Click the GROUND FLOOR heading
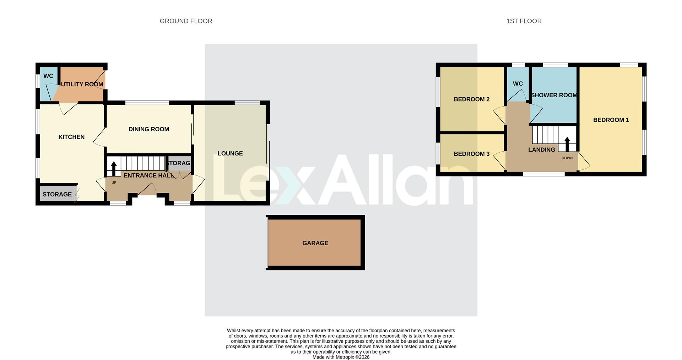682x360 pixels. click(186, 21)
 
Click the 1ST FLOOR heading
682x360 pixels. click(524, 21)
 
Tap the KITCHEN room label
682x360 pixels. click(71, 137)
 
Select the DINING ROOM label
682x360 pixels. click(148, 129)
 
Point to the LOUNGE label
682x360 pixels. click(230, 153)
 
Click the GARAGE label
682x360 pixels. click(315, 243)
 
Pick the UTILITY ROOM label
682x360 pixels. click(82, 84)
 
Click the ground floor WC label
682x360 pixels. click(48, 76)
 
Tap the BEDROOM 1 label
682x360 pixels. click(611, 120)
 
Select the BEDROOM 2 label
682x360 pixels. click(471, 99)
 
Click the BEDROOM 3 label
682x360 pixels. click(471, 154)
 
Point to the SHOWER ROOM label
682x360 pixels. click(554, 95)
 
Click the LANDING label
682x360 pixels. click(541, 150)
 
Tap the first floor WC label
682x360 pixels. click(518, 84)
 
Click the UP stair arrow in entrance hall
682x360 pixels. click(114, 169)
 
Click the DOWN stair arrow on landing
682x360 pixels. click(567, 144)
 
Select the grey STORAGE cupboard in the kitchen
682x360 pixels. click(57, 194)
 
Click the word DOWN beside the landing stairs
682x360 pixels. click(567, 158)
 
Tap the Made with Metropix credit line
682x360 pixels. click(341, 357)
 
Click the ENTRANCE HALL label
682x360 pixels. click(148, 175)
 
